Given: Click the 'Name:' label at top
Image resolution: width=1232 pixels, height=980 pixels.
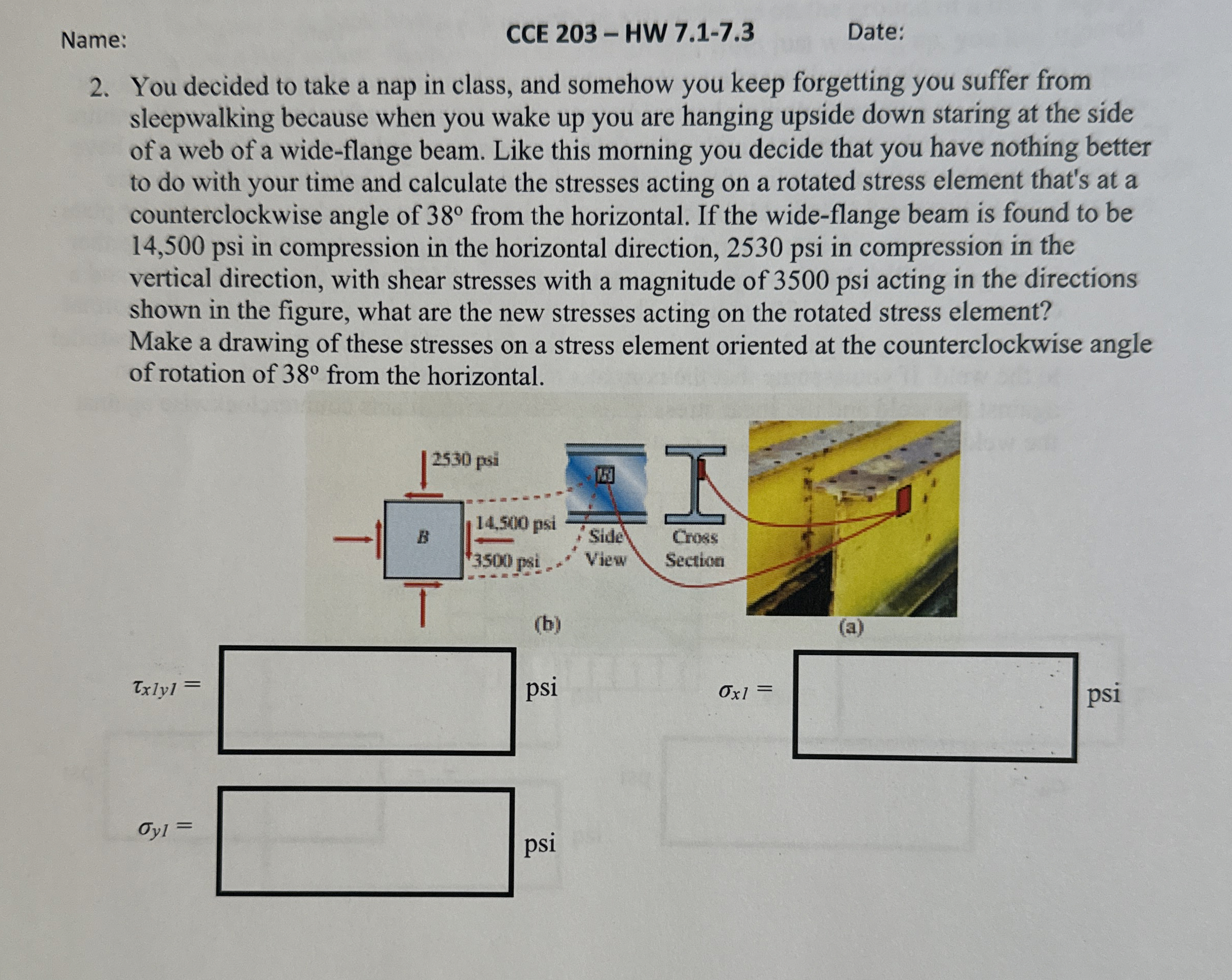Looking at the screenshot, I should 94,40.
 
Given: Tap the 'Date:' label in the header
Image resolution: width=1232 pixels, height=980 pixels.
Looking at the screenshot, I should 876,31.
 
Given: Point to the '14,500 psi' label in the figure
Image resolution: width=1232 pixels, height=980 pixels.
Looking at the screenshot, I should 515,523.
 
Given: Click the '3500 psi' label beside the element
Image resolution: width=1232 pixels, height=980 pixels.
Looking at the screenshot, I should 506,561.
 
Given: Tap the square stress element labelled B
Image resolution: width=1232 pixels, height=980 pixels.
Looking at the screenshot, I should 423,539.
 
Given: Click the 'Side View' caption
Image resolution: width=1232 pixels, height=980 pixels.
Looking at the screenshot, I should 606,548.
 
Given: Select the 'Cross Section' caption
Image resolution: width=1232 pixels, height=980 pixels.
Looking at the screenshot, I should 694,548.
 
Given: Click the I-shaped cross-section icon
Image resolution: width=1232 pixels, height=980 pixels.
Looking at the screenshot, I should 695,485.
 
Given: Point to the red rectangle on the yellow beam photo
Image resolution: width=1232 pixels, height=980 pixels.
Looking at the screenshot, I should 903,499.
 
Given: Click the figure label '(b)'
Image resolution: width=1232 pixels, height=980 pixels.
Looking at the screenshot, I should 548,624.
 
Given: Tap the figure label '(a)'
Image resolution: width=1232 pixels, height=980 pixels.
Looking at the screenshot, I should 851,627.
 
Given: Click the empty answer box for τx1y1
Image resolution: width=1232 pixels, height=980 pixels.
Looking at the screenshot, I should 367,701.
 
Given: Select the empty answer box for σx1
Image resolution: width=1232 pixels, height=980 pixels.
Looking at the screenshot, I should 935,707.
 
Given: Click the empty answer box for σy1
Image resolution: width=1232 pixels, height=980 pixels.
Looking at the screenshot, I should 365,842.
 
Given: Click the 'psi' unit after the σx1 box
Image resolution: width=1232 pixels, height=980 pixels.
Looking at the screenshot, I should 1103,693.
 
